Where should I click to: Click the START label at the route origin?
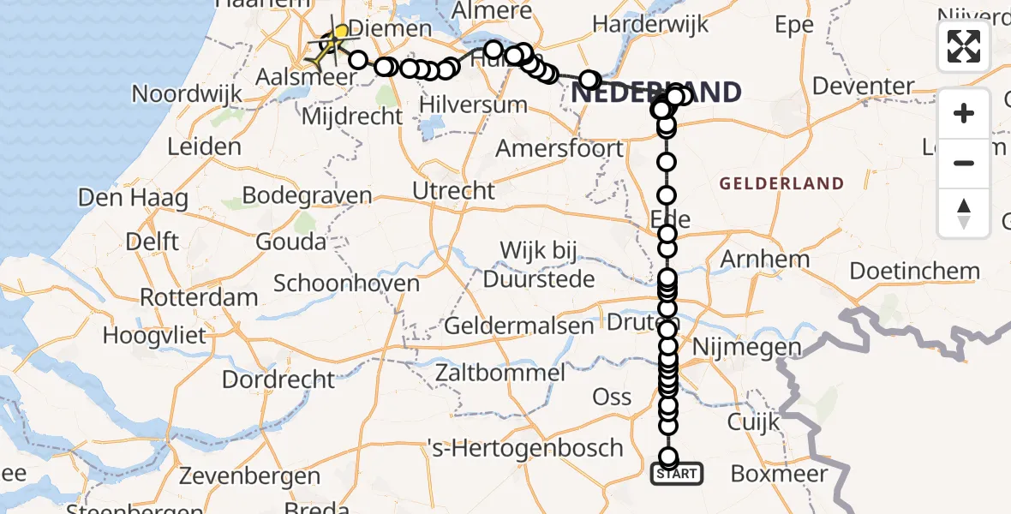[x=677, y=474]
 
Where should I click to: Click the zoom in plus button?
[x=964, y=113]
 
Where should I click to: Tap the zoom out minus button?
[x=964, y=163]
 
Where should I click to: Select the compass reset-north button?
[x=964, y=213]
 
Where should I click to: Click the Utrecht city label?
[x=454, y=190]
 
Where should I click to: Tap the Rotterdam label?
[x=199, y=298]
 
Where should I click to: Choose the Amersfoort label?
[x=560, y=149]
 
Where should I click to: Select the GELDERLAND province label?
[x=781, y=183]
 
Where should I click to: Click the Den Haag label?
[x=133, y=198]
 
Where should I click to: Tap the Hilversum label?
[x=473, y=105]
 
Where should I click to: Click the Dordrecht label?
[x=278, y=379]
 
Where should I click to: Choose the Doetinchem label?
[x=914, y=272]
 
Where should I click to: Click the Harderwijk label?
[x=663, y=25]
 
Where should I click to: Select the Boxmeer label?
[x=778, y=474]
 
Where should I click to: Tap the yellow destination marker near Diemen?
[x=341, y=33]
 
